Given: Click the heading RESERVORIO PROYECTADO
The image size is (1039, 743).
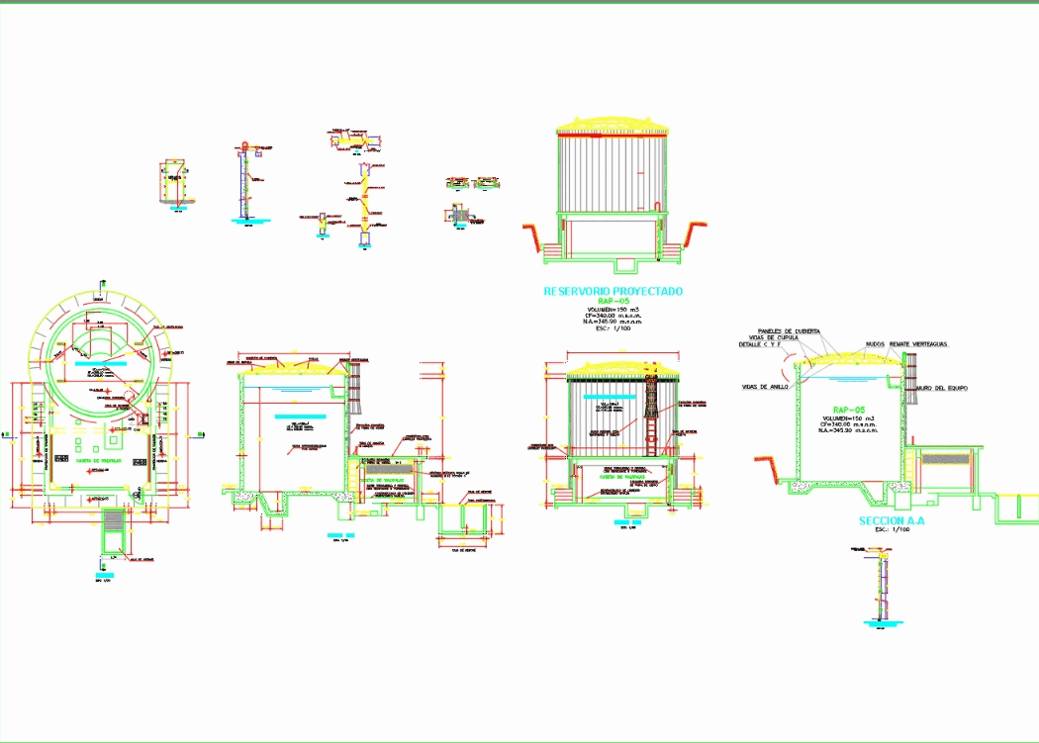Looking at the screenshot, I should pyautogui.click(x=614, y=292).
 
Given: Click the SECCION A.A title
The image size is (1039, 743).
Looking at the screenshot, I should pyautogui.click(x=891, y=520).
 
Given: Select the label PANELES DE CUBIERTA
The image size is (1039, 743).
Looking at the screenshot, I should pyautogui.click(x=789, y=330).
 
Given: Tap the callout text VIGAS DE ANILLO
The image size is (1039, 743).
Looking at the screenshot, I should pyautogui.click(x=765, y=387).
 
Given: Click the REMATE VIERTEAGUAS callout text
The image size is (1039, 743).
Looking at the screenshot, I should pyautogui.click(x=918, y=343).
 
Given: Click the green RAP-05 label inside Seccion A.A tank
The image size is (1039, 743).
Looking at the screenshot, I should pyautogui.click(x=848, y=409).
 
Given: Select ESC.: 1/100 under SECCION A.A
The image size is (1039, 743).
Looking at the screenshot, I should pyautogui.click(x=891, y=530).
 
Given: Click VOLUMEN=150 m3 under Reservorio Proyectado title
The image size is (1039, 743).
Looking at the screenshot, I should pyautogui.click(x=614, y=309).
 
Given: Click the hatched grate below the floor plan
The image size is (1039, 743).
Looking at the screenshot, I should pyautogui.click(x=115, y=519).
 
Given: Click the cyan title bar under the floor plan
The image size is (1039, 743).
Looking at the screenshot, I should pyautogui.click(x=99, y=573).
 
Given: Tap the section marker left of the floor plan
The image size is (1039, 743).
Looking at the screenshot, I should pyautogui.click(x=7, y=433).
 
